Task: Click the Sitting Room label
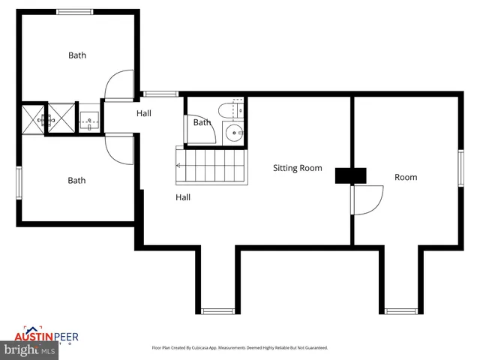click(x=297, y=168)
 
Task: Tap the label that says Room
click(x=406, y=178)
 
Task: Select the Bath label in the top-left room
click(x=77, y=55)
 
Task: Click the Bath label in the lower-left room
click(x=76, y=180)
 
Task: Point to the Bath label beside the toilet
click(x=202, y=122)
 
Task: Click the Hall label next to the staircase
click(x=182, y=197)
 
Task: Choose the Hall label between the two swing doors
click(x=144, y=113)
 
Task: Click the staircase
click(x=211, y=166)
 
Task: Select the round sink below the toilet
click(x=234, y=135)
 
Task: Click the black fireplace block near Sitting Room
click(x=350, y=175)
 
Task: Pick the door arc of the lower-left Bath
click(x=119, y=148)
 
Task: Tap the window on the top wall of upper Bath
click(x=75, y=11)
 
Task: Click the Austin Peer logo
click(x=46, y=337)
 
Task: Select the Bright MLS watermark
click(x=30, y=350)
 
